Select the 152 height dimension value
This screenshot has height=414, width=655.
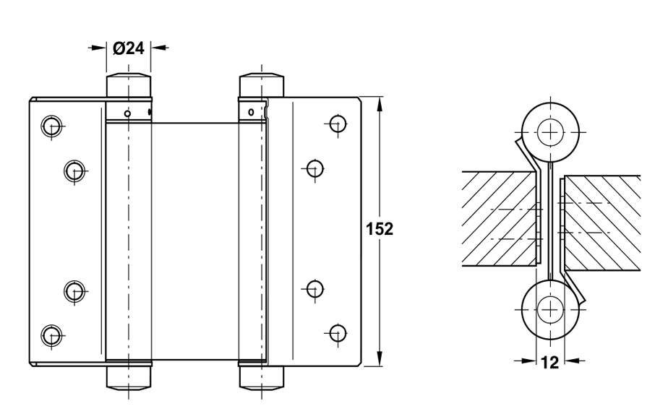[380, 229]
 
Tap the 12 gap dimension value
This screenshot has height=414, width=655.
[549, 363]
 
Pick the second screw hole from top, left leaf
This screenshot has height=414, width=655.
[73, 171]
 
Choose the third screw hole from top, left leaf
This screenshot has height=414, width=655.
[73, 290]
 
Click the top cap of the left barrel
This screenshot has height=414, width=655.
[129, 85]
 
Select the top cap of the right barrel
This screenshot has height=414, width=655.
[261, 85]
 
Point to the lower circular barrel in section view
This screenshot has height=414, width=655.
[551, 309]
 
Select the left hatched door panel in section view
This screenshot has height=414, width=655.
[499, 217]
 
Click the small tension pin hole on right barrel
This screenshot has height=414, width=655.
[250, 112]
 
